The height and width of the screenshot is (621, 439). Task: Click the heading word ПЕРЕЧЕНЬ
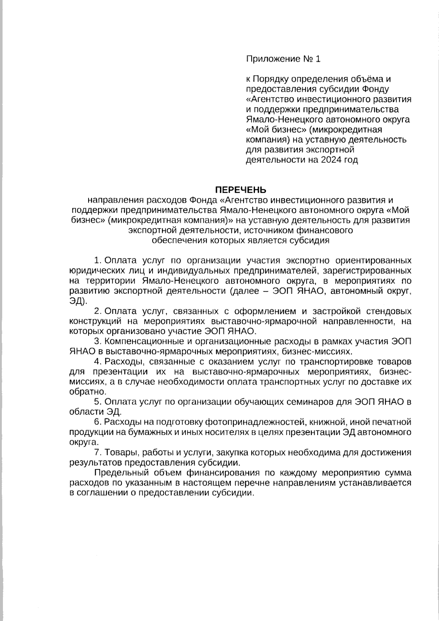click(x=240, y=190)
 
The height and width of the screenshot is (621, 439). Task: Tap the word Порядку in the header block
click(x=268, y=79)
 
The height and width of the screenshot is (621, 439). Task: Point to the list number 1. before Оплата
click(x=97, y=261)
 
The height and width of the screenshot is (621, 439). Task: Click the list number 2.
click(x=97, y=311)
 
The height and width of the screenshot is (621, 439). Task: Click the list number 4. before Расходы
click(x=97, y=362)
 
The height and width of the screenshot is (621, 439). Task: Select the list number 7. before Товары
click(x=97, y=453)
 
